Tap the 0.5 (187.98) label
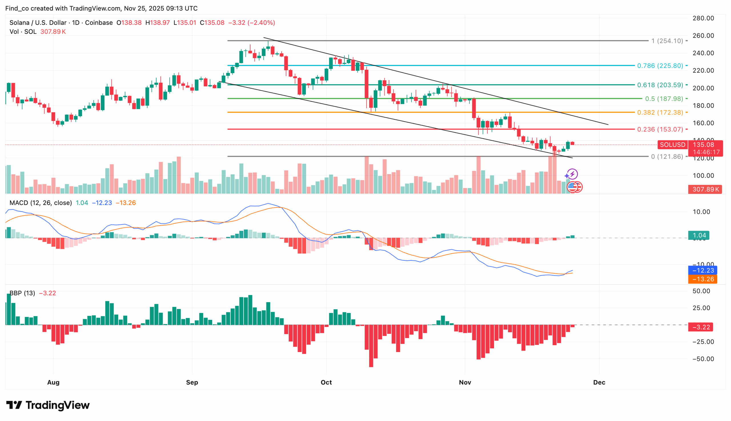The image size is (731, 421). (664, 99)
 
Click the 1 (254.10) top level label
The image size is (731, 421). (666, 41)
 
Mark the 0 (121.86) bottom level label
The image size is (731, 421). (666, 157)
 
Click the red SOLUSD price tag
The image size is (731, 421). (672, 145)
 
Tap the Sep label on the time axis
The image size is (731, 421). (192, 382)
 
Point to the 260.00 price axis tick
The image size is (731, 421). (703, 35)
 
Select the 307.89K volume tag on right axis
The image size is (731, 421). (705, 189)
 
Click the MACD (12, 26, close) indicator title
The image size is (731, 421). (41, 203)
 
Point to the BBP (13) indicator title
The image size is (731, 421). (22, 293)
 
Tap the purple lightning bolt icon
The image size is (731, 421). (572, 174)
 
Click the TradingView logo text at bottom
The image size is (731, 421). (48, 405)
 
